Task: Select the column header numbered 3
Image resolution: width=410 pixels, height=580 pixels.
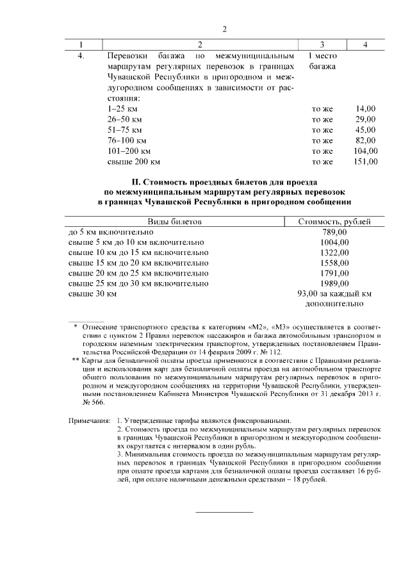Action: [x=322, y=44]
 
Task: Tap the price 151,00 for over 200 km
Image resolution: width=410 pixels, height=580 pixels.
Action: [x=365, y=162]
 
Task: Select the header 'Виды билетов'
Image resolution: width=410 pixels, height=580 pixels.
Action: [x=175, y=221]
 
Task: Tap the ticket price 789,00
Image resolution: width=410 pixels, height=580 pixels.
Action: [x=334, y=231]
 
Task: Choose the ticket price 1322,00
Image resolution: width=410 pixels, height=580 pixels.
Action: [x=334, y=253]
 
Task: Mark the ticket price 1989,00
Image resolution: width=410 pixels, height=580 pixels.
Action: [x=334, y=283]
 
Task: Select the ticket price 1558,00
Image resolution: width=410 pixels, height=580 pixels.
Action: [x=334, y=263]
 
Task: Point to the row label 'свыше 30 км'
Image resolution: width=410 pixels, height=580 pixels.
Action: [x=92, y=294]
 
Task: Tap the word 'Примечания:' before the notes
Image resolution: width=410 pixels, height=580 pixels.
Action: [x=90, y=421]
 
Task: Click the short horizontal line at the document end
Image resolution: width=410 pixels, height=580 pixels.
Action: [x=224, y=511]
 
